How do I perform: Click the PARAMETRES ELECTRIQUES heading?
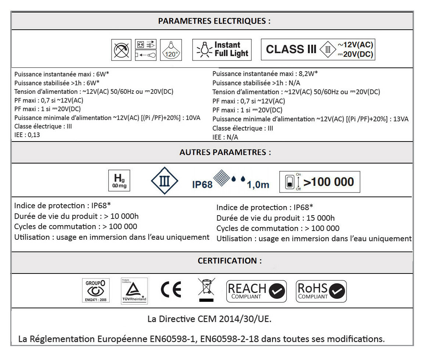(214, 21)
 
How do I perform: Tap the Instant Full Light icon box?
(222, 49)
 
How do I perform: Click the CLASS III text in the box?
(291, 49)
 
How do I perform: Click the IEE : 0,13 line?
(27, 135)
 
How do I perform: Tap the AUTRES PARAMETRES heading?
(225, 153)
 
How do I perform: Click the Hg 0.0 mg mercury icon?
(120, 180)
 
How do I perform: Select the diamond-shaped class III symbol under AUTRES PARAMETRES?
(165, 181)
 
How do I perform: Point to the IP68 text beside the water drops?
(202, 184)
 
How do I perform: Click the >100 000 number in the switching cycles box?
(328, 182)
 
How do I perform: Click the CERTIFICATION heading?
(230, 261)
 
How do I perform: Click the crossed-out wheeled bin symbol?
(207, 290)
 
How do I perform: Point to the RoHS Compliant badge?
(321, 291)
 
